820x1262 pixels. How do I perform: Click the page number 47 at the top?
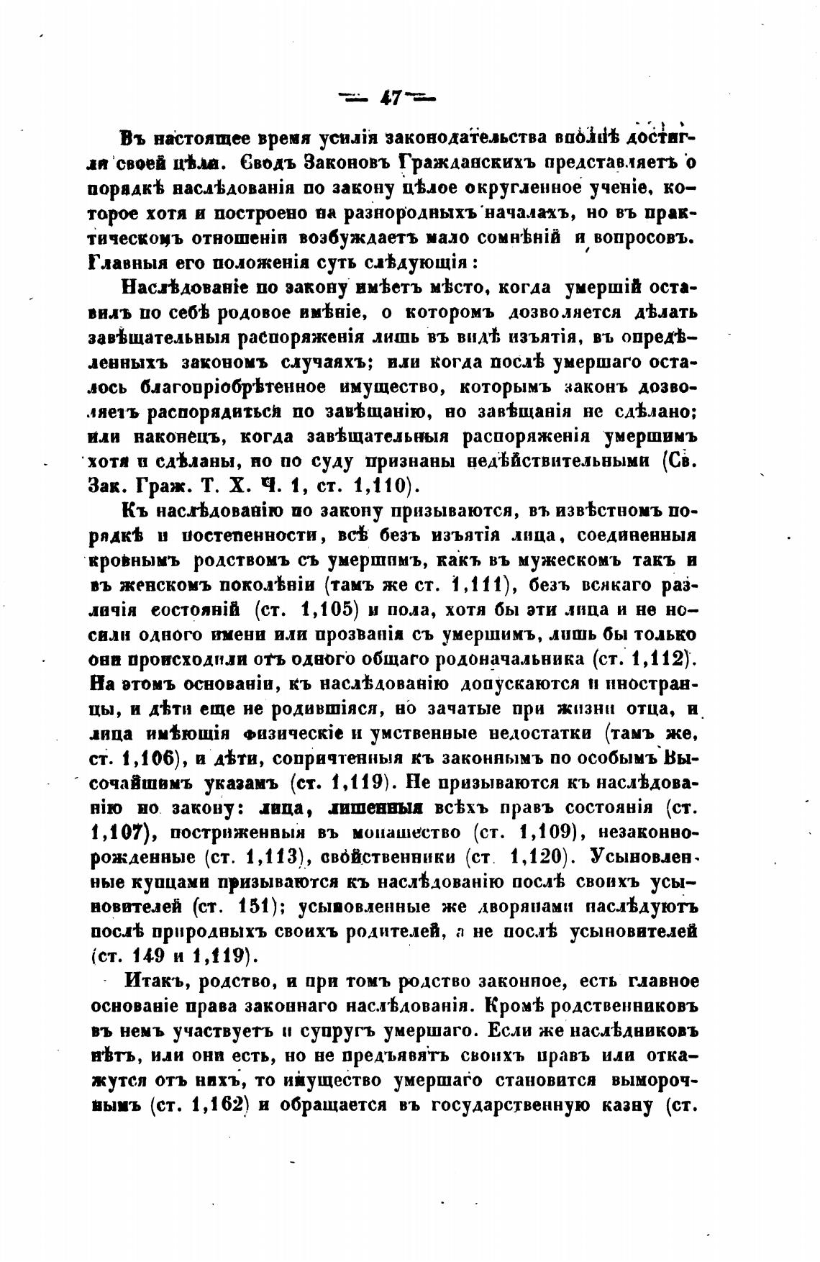[x=392, y=98]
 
